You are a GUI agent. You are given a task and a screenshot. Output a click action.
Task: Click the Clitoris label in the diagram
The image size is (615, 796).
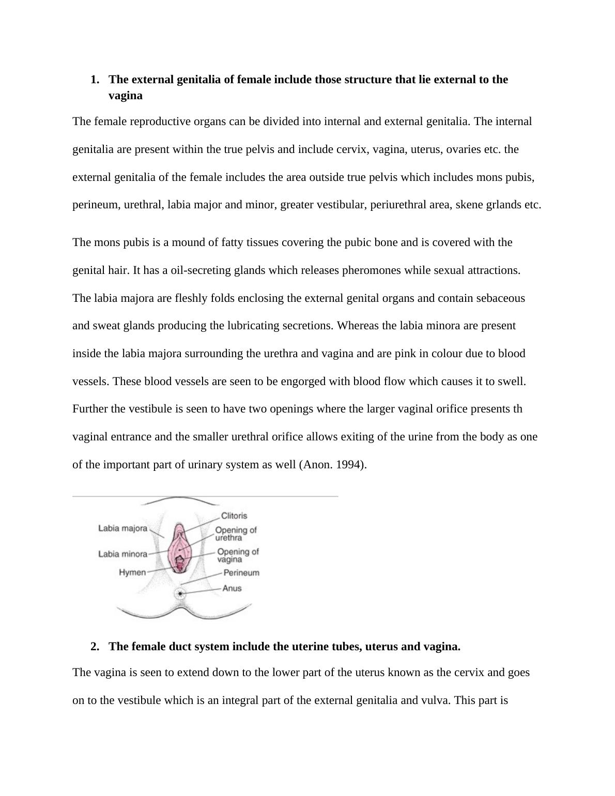tap(234, 516)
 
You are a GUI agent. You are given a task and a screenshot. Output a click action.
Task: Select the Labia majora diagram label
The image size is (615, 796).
tap(122, 528)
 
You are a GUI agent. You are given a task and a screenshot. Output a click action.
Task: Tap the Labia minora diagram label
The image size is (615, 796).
tap(122, 554)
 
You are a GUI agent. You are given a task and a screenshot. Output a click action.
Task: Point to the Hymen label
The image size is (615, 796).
tap(132, 573)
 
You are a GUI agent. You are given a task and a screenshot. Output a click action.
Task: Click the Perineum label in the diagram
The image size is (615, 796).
tap(241, 573)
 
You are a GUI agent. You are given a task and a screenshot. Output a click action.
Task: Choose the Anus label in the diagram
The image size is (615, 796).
tap(232, 588)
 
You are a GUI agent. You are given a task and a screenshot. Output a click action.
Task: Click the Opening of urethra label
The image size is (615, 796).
tap(236, 534)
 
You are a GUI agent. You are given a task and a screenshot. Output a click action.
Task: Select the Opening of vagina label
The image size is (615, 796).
tap(238, 556)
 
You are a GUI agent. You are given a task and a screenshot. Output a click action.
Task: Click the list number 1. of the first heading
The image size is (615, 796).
tap(95, 80)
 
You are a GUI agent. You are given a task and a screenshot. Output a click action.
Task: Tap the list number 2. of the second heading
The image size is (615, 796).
tap(95, 647)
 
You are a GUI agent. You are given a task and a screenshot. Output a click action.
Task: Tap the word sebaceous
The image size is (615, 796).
tap(500, 298)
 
